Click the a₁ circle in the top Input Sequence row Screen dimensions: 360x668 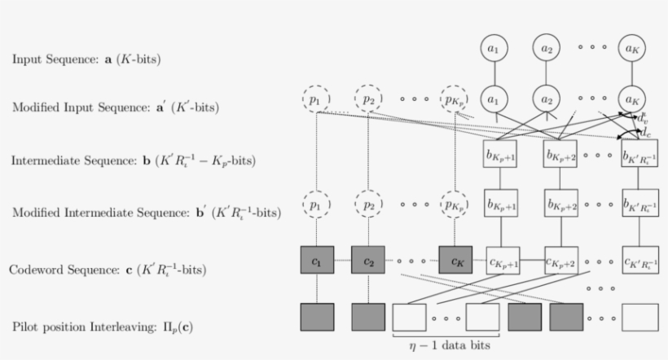coord(492,49)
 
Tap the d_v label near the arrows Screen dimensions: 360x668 coord(643,119)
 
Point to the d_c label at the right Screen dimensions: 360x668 coord(645,132)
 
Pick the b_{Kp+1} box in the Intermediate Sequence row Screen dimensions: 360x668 coord(503,155)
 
